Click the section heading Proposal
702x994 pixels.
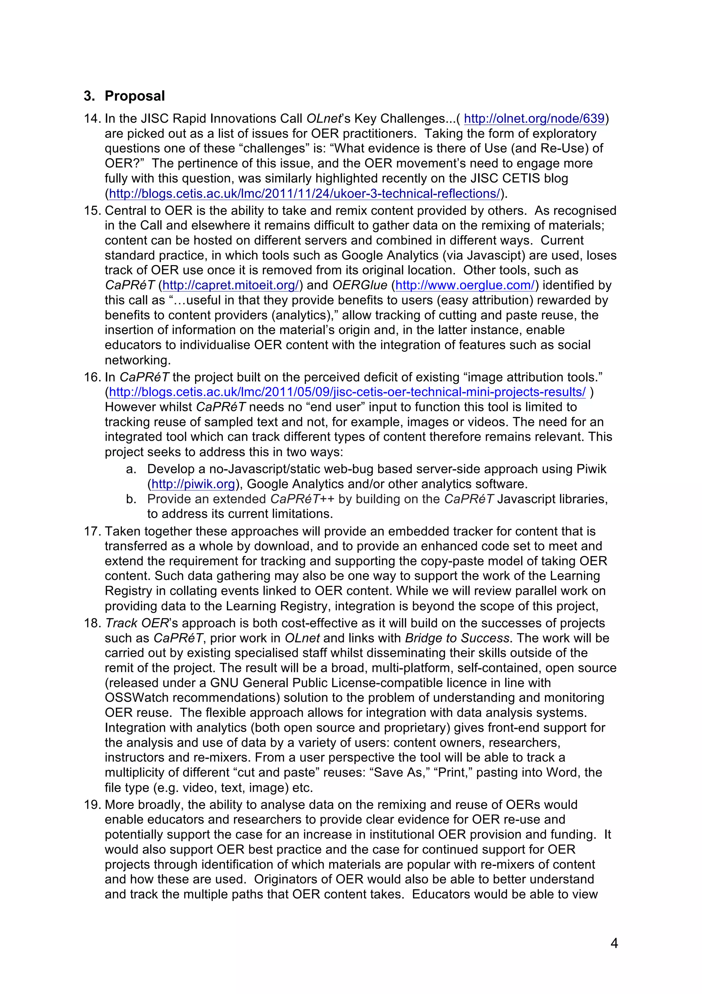134,96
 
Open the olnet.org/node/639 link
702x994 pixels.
534,119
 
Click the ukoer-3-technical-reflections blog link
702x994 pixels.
304,193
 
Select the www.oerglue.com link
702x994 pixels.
465,285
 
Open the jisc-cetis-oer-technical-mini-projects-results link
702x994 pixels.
347,392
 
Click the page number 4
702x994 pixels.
614,943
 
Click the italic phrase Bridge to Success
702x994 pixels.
457,638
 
